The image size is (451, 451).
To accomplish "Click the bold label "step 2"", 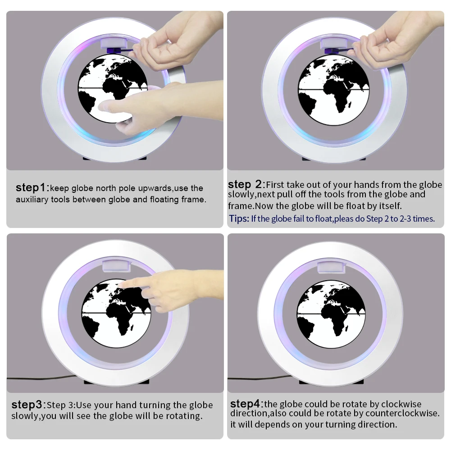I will pyautogui.click(x=245, y=184).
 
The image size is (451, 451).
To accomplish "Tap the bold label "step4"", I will pyautogui.click(x=246, y=404).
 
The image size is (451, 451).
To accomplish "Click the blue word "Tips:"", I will pyautogui.click(x=239, y=219).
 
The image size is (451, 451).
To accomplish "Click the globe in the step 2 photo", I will pyautogui.click(x=333, y=88).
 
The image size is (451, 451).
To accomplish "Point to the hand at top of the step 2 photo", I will pyautogui.click(x=401, y=45).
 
